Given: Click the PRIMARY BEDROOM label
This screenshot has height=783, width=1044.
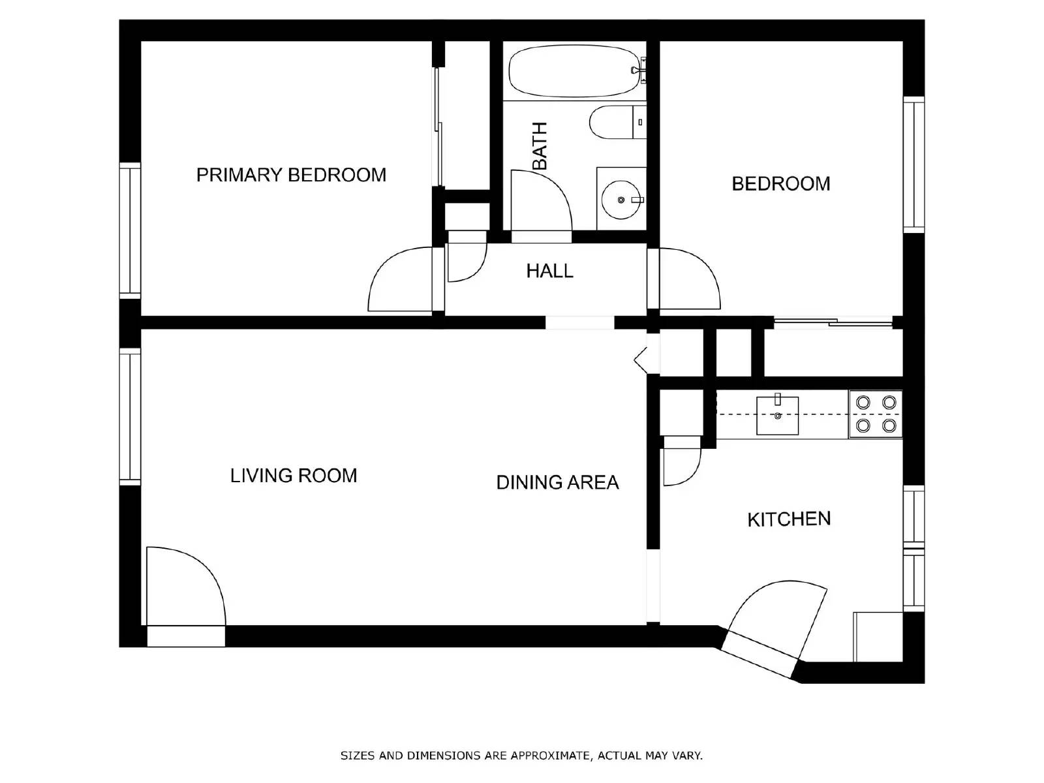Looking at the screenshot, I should [291, 175].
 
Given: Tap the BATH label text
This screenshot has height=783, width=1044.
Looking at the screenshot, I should [540, 146].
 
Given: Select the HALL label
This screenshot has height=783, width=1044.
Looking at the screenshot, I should [549, 271].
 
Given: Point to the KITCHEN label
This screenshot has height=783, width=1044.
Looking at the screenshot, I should [788, 519].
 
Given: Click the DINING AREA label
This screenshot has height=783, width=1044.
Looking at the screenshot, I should [557, 482].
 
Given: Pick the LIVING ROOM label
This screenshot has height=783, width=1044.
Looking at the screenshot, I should [294, 476].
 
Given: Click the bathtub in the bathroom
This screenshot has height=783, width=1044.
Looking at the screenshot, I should [573, 70].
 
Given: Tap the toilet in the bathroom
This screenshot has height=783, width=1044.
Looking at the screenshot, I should [613, 122].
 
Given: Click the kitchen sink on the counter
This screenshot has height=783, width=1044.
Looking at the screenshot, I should [777, 416].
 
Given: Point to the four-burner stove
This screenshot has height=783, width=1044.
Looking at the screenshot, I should [876, 414].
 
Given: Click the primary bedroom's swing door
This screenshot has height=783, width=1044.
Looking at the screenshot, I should [398, 281].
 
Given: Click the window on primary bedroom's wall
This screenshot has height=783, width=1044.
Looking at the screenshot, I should [130, 230].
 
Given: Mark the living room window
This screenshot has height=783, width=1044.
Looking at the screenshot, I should [130, 416].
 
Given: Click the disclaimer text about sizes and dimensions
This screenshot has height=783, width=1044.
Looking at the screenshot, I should [521, 756].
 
